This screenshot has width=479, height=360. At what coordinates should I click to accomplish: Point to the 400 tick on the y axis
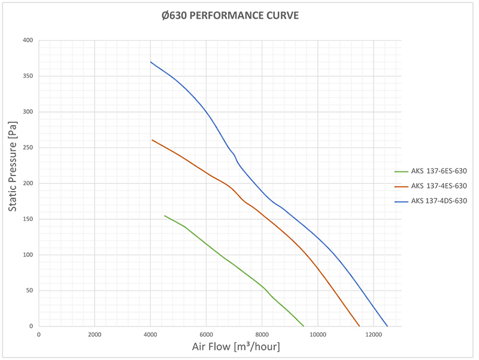[x=28, y=41]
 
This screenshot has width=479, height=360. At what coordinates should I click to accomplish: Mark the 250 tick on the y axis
[x=28, y=148]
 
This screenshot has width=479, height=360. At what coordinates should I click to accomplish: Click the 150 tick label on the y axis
[x=28, y=219]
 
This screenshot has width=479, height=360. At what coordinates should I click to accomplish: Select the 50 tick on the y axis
[x=29, y=291]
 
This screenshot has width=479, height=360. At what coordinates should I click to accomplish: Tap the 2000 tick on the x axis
[x=95, y=334]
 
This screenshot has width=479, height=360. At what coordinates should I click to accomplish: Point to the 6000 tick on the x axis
[x=206, y=334]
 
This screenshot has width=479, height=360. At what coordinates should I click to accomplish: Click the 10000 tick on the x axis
[x=317, y=334]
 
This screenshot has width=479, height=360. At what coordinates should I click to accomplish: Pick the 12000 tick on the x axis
[x=373, y=334]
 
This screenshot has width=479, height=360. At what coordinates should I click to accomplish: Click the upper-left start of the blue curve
[x=151, y=62]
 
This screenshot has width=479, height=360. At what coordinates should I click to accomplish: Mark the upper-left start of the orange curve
[x=152, y=140]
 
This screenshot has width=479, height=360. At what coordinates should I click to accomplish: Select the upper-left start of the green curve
[x=165, y=216]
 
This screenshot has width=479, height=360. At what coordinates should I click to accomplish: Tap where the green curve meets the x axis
[x=304, y=326]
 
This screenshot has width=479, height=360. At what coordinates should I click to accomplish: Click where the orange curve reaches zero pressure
[x=359, y=326]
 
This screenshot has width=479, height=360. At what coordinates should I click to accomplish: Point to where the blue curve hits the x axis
[x=387, y=326]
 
